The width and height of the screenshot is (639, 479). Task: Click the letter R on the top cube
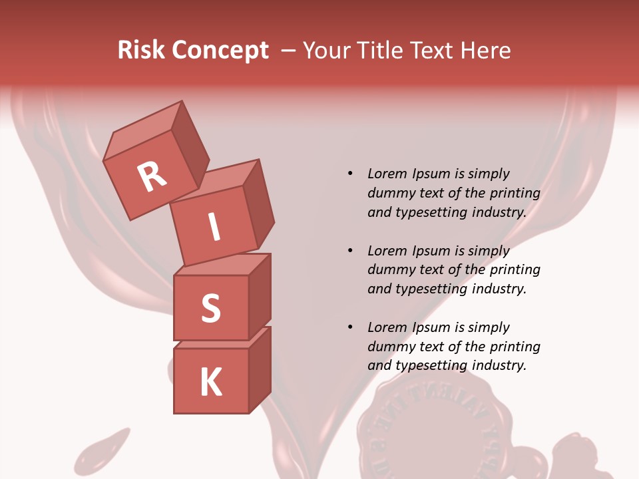coord(152,176)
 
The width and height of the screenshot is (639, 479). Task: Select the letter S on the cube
coord(210,308)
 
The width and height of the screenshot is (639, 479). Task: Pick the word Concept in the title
coord(220,51)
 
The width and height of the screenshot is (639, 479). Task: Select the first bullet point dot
coord(350,174)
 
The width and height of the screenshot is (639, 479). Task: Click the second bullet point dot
coord(350,251)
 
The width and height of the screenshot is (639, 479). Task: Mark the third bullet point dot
coord(350,327)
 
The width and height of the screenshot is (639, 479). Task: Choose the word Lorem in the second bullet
coord(386,251)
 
